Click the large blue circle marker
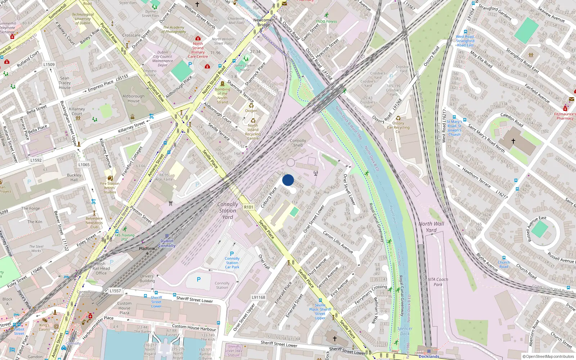coord(288,180)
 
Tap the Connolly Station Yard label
coord(228,211)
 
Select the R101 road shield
coord(248,207)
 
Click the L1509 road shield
coord(49,65)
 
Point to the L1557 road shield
coord(115,291)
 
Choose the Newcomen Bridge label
coord(264,22)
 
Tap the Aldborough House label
coord(134,98)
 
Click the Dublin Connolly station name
coord(167,243)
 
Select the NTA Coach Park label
coord(438,282)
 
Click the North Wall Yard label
coord(431,227)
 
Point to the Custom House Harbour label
coord(194,328)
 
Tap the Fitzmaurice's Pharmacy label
coord(565,116)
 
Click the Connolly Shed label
coord(298,143)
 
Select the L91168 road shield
coord(258,297)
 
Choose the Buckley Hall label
coord(74,177)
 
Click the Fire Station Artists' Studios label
coord(110,188)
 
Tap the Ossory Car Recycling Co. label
coord(398,127)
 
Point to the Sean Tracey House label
coord(65,83)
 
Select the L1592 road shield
coord(36,160)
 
